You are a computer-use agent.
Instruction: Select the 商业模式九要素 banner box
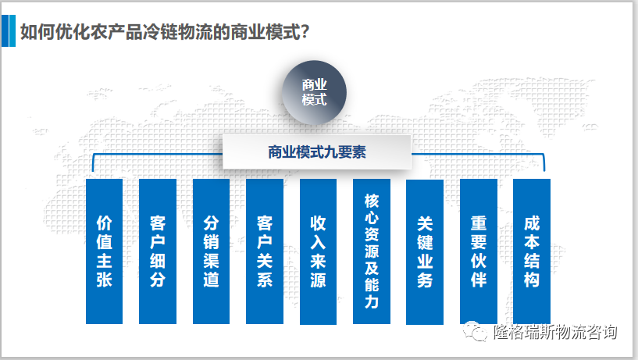[x=316, y=152]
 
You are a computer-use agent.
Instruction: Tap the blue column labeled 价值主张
[x=104, y=251]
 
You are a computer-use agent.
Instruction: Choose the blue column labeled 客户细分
[x=157, y=251]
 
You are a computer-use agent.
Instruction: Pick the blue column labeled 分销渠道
[x=211, y=251]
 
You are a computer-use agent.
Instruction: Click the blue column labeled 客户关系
[x=264, y=251]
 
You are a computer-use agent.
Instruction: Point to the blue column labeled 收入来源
[x=318, y=251]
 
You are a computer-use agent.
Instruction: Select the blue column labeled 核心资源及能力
[x=371, y=251]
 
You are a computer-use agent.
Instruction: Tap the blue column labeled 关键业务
[x=425, y=251]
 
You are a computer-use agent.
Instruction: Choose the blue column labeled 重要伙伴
[x=479, y=251]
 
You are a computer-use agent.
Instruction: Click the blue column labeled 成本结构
[x=532, y=251]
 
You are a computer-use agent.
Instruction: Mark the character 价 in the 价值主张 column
[x=104, y=222]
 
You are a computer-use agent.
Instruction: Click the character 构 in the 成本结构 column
[x=532, y=280]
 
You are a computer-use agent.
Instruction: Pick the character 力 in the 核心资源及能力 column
[x=371, y=301]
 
